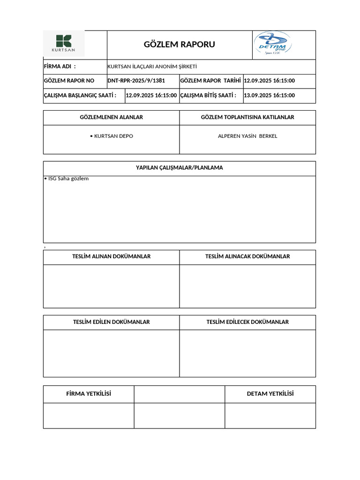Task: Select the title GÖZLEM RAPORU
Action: (x=179, y=45)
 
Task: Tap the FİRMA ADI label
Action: (x=60, y=67)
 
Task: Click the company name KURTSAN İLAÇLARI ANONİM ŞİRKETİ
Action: (x=152, y=67)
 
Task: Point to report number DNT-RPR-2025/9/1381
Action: (x=136, y=81)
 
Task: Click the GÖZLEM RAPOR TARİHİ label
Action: (x=210, y=81)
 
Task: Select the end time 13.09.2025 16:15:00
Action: (x=270, y=95)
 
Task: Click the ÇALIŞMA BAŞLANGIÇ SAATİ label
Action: (x=80, y=95)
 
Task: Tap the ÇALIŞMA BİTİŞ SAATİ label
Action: (x=208, y=95)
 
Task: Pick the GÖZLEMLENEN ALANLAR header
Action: (x=111, y=117)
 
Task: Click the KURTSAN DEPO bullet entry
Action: (x=111, y=136)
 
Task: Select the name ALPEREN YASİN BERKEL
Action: (x=247, y=136)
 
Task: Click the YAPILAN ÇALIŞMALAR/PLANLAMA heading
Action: (x=179, y=168)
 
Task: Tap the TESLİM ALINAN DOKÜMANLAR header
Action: (x=111, y=256)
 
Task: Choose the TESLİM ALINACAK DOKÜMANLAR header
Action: (x=247, y=256)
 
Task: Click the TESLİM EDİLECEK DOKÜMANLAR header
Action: (x=247, y=322)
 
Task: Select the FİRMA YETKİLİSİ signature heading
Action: (x=89, y=394)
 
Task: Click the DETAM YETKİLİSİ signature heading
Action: (x=270, y=394)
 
